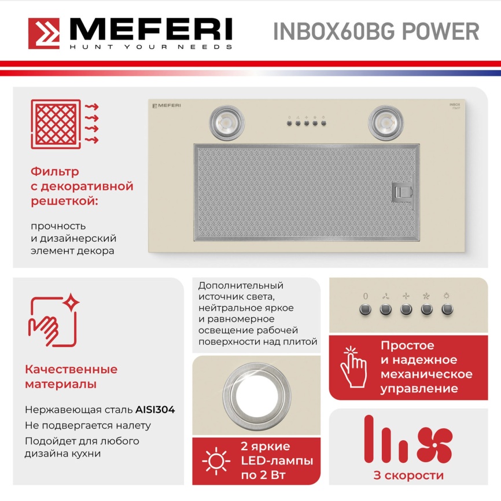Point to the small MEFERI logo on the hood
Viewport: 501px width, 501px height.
click(167, 105)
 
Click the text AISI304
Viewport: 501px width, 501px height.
click(155, 410)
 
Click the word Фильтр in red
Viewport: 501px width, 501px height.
click(55, 172)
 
